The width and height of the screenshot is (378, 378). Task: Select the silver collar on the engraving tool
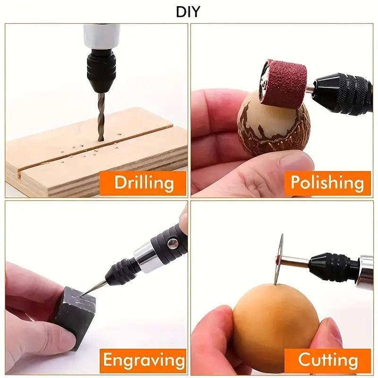point(146,258)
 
